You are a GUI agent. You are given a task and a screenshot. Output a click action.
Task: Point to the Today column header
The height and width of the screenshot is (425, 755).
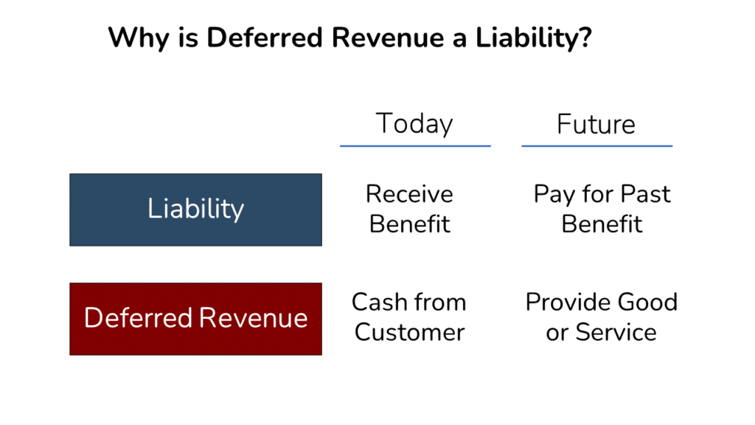414,123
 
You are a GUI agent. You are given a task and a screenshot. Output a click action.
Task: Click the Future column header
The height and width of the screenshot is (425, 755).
596,123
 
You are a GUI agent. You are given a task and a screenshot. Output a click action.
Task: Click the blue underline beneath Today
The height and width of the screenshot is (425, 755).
415,146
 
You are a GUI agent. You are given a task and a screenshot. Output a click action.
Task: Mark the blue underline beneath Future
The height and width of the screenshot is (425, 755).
596,146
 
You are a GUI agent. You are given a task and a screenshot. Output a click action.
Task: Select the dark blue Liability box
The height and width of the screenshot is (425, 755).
195,210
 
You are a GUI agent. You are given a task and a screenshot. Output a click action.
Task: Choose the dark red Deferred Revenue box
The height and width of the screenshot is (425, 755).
195,319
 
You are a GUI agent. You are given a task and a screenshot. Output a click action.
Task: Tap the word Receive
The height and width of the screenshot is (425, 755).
409,194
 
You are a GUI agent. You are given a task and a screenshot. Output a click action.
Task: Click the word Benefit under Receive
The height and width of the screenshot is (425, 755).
409,224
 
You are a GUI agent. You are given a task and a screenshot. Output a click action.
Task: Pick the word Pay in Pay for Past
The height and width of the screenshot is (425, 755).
553,194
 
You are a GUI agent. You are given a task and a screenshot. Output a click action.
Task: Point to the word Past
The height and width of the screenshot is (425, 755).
645,194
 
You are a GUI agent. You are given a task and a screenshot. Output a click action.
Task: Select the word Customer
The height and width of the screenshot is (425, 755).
409,332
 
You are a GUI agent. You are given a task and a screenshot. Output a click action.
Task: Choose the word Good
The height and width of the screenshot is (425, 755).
648,302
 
